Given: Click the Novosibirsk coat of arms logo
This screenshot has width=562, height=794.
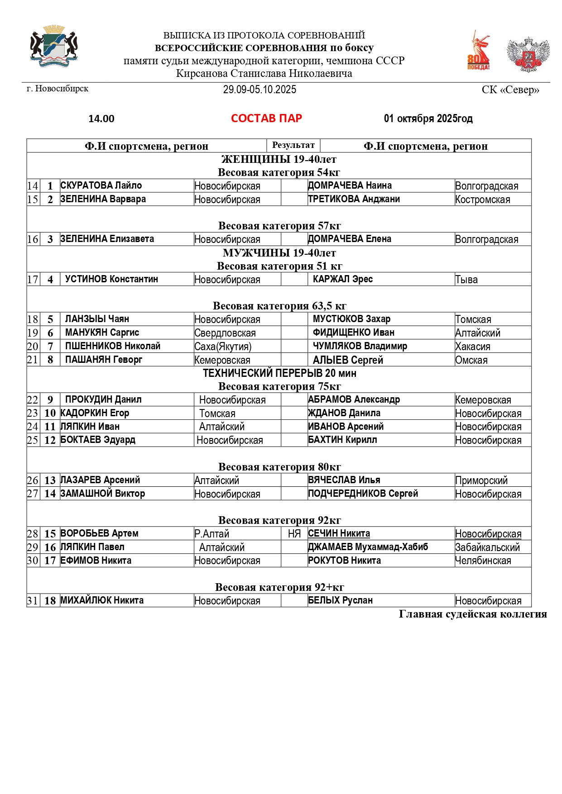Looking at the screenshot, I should [53, 47].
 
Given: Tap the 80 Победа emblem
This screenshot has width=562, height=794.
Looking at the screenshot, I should [478, 51].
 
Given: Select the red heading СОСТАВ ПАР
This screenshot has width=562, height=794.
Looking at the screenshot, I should [266, 119].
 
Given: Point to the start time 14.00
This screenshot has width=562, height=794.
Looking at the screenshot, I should [101, 119].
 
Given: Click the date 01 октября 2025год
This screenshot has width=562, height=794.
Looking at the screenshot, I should [428, 119].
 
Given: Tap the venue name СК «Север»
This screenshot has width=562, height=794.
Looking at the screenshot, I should [510, 90].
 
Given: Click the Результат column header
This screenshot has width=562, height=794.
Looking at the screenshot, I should [293, 145].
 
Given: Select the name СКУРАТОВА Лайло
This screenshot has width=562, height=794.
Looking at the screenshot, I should [101, 185].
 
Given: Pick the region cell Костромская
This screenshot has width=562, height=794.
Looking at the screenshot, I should [482, 200].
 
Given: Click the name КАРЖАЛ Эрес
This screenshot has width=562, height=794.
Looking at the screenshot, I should [342, 279].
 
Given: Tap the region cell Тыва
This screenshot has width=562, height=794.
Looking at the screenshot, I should [466, 280].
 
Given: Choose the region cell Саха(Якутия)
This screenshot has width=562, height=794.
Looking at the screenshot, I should [223, 347].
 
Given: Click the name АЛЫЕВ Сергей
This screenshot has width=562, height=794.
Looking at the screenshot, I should [348, 360].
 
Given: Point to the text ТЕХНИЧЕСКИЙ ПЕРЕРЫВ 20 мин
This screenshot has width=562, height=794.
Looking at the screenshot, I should [279, 373].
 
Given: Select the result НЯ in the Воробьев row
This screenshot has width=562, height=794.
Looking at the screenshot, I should [294, 534].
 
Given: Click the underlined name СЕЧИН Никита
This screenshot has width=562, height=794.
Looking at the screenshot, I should [339, 534].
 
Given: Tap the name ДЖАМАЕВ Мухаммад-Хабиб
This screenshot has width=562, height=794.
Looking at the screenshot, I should [368, 547].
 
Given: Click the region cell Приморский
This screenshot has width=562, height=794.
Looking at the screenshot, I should [481, 480].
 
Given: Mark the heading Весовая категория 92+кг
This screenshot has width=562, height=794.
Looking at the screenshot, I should [279, 587].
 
